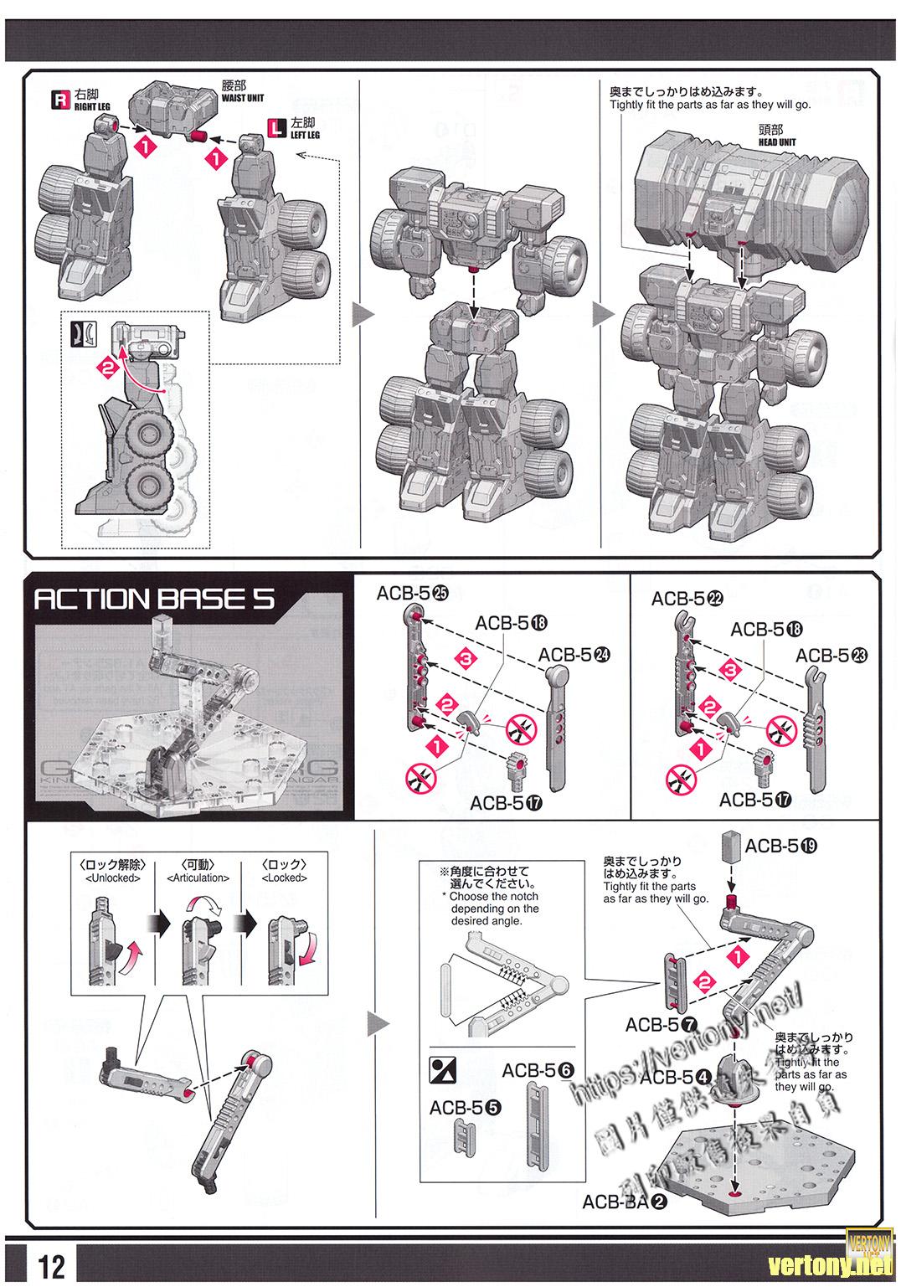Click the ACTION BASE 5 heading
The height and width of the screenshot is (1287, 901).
(x=153, y=600)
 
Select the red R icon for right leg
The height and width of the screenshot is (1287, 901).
(x=60, y=100)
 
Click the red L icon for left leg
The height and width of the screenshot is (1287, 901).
(x=275, y=128)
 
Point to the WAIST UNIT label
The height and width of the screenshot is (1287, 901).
(x=243, y=98)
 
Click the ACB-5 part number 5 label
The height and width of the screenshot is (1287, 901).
(x=465, y=1107)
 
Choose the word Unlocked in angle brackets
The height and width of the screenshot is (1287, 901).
(x=114, y=878)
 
